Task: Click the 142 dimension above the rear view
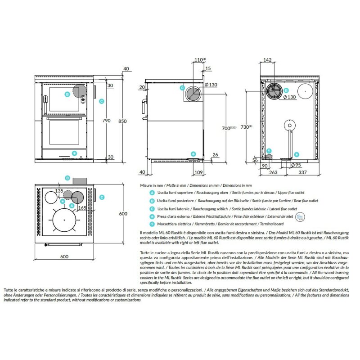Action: pos(268,60)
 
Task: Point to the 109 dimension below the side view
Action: pos(199,172)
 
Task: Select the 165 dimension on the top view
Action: pos(82,208)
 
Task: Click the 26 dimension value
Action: pos(215,155)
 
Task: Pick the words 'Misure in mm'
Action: pos(150,185)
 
